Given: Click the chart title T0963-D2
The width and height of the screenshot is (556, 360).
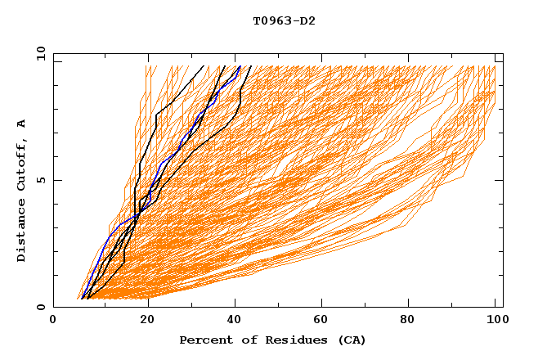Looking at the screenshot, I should [284, 20].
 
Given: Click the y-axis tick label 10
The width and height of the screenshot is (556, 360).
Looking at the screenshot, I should [40, 53].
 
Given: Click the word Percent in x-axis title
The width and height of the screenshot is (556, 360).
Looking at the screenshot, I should [204, 340].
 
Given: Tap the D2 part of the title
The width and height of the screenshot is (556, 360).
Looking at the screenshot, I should [307, 20].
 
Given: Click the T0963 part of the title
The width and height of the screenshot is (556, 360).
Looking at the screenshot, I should [273, 20].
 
